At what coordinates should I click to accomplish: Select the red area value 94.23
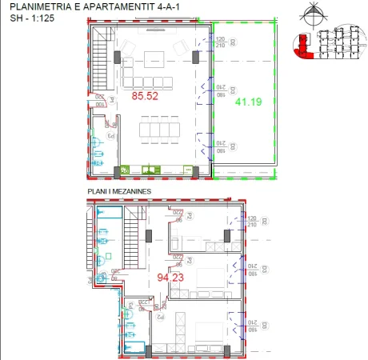point(169,278)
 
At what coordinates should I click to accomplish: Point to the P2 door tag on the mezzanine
point(159,318)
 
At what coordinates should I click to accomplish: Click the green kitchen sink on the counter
point(150,169)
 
